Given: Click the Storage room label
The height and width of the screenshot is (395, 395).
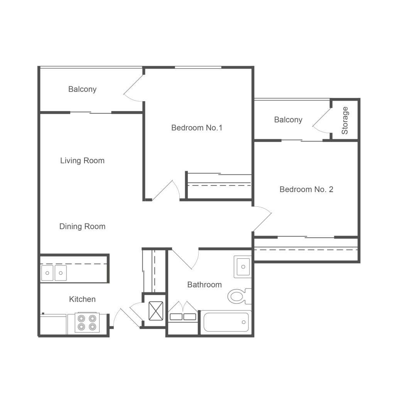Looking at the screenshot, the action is coord(344,120).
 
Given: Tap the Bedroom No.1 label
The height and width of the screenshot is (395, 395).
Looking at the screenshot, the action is coord(197,128).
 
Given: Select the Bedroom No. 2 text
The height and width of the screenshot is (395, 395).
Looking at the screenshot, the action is coord(306,189).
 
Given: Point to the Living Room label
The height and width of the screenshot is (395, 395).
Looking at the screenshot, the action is coord(83,160).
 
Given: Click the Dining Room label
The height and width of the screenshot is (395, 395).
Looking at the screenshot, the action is coord(83,226).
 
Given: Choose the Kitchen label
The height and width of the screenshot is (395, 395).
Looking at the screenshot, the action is coord(83,299).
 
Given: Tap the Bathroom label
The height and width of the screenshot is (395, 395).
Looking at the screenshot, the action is coord(204,285).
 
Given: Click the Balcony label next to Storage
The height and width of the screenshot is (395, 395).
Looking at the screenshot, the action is coord(288,120).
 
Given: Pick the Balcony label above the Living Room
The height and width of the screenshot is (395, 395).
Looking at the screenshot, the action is coord(83,89).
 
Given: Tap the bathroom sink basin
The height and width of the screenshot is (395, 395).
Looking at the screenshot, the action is coord(243,267).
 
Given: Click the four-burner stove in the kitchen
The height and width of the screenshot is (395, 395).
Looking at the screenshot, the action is coord(87,323).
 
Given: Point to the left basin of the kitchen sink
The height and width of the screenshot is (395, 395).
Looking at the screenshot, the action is coord(47,273).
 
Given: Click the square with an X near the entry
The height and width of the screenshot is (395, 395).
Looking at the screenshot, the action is coord(156,311).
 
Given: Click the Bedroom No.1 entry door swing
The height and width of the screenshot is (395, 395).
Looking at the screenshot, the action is coord(166,190).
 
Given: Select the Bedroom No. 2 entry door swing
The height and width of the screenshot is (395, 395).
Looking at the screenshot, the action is coord(262,219).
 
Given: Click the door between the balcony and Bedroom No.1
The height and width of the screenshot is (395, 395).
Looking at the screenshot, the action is coord(134,88).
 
